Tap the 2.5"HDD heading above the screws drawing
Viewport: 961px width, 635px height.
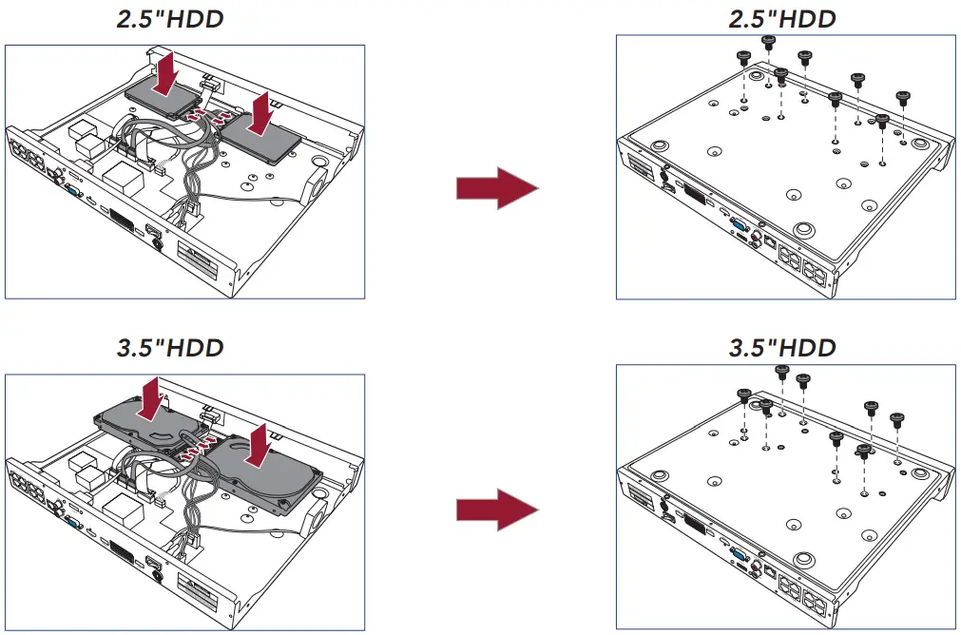[782, 20]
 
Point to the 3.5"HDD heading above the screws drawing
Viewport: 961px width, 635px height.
[782, 347]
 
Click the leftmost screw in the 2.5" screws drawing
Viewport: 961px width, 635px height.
[743, 57]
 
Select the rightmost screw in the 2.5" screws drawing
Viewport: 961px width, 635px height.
[903, 96]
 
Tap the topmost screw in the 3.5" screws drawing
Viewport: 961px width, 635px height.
[783, 370]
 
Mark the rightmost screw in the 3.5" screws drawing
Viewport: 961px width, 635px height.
[895, 417]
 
